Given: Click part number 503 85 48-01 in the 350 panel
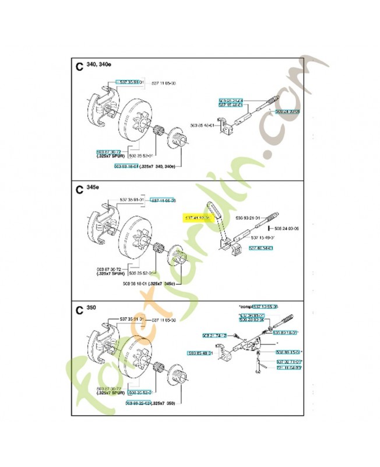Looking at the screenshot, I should click(x=200, y=353).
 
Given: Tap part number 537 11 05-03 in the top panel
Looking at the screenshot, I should click(x=164, y=83).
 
